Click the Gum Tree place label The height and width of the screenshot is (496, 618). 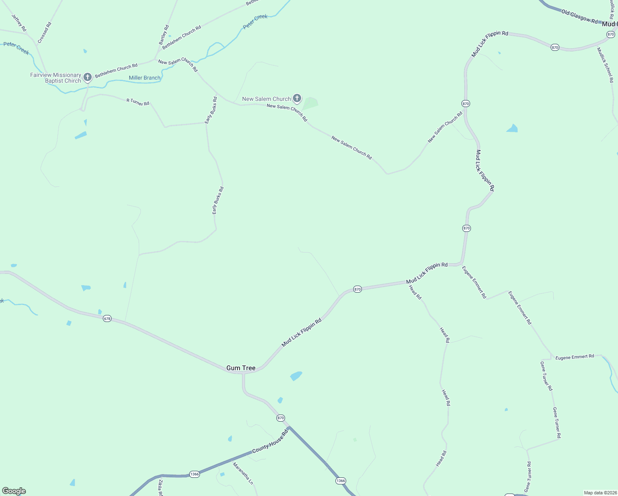coord(241,368)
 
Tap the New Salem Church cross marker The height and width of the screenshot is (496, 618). coord(297,98)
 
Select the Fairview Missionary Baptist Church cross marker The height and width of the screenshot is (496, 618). coord(87,77)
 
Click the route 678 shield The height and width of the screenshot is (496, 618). coord(107,318)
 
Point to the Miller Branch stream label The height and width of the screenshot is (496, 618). coord(145,78)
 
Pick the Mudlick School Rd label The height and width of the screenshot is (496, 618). coord(605,65)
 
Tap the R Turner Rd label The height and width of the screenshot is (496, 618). coord(138,102)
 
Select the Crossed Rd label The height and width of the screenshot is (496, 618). coord(45,33)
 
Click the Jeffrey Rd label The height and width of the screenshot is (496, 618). coord(19,23)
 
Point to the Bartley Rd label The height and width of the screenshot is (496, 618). coord(164,35)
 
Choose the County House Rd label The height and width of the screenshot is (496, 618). coord(270,441)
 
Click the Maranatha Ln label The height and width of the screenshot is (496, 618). coord(242,473)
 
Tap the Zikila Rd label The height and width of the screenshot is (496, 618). coord(160,488)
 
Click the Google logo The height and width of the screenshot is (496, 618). coord(14,491)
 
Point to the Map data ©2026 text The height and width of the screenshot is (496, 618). coord(600,493)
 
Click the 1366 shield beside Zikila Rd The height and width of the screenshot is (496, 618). coord(195,474)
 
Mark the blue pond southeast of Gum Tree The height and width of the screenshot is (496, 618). coord(296,376)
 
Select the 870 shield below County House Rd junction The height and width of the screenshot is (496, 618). coord(281,418)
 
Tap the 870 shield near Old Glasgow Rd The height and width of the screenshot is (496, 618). coord(611,34)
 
